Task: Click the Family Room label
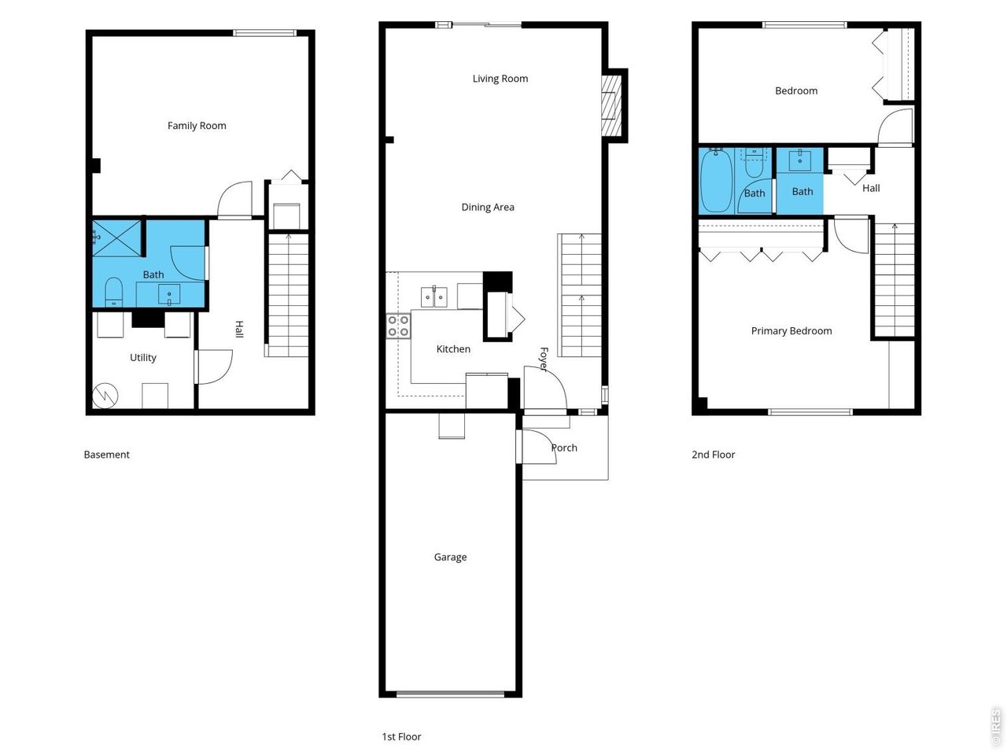(x=197, y=126)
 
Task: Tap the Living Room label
(x=500, y=79)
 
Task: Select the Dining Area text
(x=488, y=207)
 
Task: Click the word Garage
(x=450, y=557)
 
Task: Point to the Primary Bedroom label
(x=791, y=331)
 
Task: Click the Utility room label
(x=142, y=358)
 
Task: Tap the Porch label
(x=564, y=447)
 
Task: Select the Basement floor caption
(x=106, y=455)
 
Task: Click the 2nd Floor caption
(x=713, y=455)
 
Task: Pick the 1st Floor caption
(x=401, y=737)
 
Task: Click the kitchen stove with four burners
(x=398, y=326)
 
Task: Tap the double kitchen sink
(x=434, y=297)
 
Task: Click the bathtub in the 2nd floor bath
(x=716, y=180)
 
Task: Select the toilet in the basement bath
(x=114, y=292)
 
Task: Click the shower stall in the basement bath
(x=116, y=238)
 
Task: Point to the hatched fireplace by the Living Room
(x=611, y=105)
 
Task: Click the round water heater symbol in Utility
(x=105, y=395)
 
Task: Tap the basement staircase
(x=288, y=295)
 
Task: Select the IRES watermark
(x=996, y=726)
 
